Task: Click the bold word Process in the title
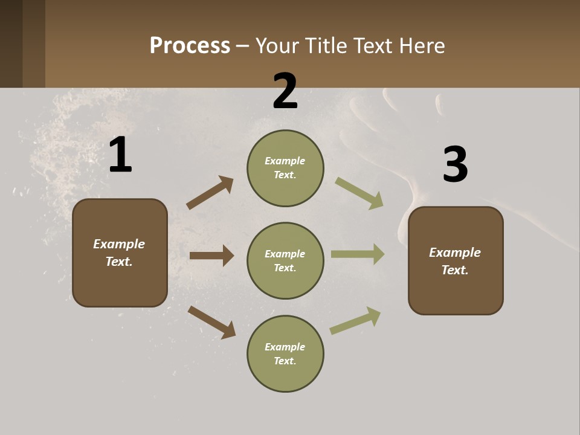(x=190, y=45)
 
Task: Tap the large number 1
(x=120, y=155)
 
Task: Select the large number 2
(x=285, y=92)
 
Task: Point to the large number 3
(x=455, y=165)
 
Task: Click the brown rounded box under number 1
(x=120, y=253)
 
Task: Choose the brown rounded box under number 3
(x=456, y=260)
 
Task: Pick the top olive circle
(x=285, y=168)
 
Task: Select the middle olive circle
(x=285, y=260)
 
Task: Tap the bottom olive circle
(x=285, y=353)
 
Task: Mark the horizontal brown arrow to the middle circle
(x=211, y=256)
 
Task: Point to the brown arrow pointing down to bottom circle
(x=211, y=322)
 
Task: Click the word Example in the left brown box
(x=119, y=244)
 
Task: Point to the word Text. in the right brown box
(x=455, y=270)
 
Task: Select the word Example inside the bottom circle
(x=285, y=347)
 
